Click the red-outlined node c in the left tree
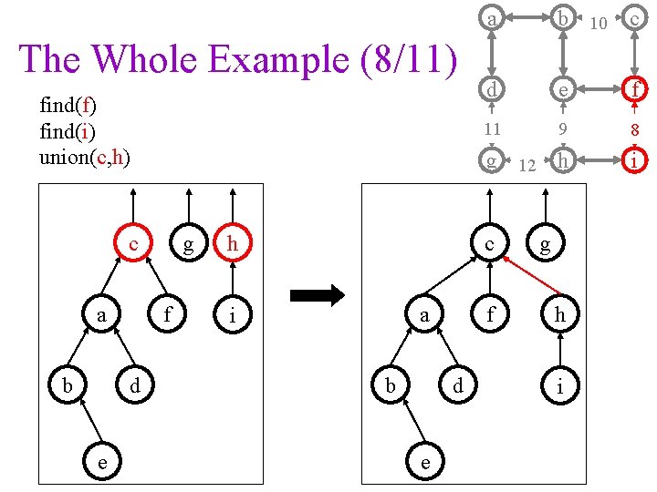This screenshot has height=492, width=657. coord(134,245)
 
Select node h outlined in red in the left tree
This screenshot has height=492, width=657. coord(235,245)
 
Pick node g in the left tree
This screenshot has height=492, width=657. coord(188,245)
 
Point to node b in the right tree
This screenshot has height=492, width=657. coord(391,386)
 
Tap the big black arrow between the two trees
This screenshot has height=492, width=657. coord(316,294)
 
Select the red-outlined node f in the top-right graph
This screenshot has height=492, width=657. coord(634,90)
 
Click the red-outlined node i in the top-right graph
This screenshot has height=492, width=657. coord(634,161)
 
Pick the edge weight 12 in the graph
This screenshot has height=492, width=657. coord(526,166)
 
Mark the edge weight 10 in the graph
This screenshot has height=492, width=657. coord(599,23)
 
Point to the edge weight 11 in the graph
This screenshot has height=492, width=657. coord(492,128)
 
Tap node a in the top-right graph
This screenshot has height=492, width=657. coord(492,19)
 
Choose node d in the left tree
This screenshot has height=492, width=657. coord(134,386)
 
